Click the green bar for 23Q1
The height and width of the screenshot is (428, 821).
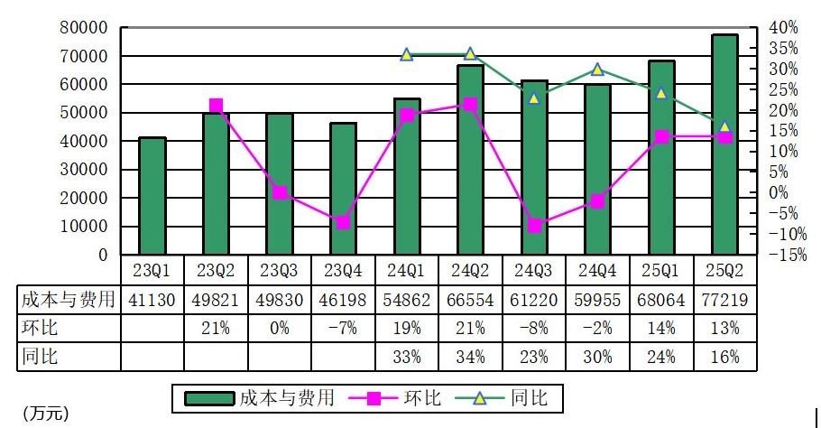pos(152,196)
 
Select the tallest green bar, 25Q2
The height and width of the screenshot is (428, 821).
pos(724,144)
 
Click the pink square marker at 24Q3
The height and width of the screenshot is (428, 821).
pos(534,226)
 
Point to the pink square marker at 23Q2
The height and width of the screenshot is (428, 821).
pos(216,106)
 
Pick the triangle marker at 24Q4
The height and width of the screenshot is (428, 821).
pos(597,70)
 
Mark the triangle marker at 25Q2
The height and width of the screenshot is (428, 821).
pos(724,126)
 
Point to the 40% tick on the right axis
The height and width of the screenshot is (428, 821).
pos(781,28)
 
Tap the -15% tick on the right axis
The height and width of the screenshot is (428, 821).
pos(781,256)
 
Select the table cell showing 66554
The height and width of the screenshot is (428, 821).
pos(470,300)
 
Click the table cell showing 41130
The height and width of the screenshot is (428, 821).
pos(152,300)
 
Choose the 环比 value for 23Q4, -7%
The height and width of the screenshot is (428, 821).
pos(343,328)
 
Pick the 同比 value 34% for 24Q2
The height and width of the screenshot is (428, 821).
pos(470,357)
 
